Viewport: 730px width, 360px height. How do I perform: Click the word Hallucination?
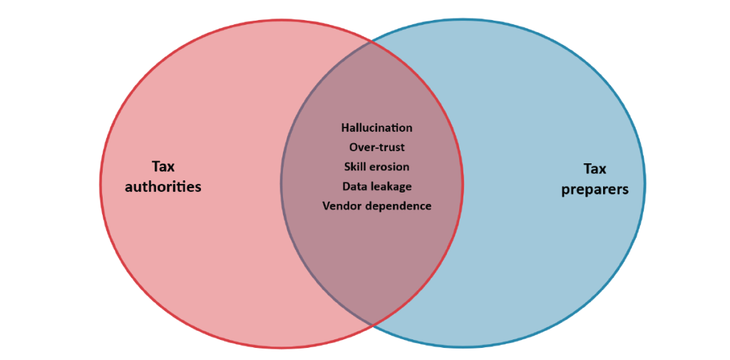tap(376, 128)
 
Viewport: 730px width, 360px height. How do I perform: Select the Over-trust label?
tap(376, 147)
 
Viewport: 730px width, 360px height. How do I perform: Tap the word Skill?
tap(354, 167)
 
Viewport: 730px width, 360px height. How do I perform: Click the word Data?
tap(354, 186)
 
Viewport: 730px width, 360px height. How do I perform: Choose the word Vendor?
tap(339, 206)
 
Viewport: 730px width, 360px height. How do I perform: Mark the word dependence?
tap(395, 206)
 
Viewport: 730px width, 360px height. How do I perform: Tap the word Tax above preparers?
tap(595, 169)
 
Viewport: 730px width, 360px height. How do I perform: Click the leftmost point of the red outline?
tap(100, 183)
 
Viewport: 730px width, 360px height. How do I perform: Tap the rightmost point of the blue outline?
tap(644, 183)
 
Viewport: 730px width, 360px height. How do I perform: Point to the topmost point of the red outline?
tap(282, 20)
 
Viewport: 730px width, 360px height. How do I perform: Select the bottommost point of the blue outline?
tap(463, 347)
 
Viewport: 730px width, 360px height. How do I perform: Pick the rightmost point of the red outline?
tap(463, 183)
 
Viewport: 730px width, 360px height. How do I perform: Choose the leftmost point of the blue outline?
tap(281, 183)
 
